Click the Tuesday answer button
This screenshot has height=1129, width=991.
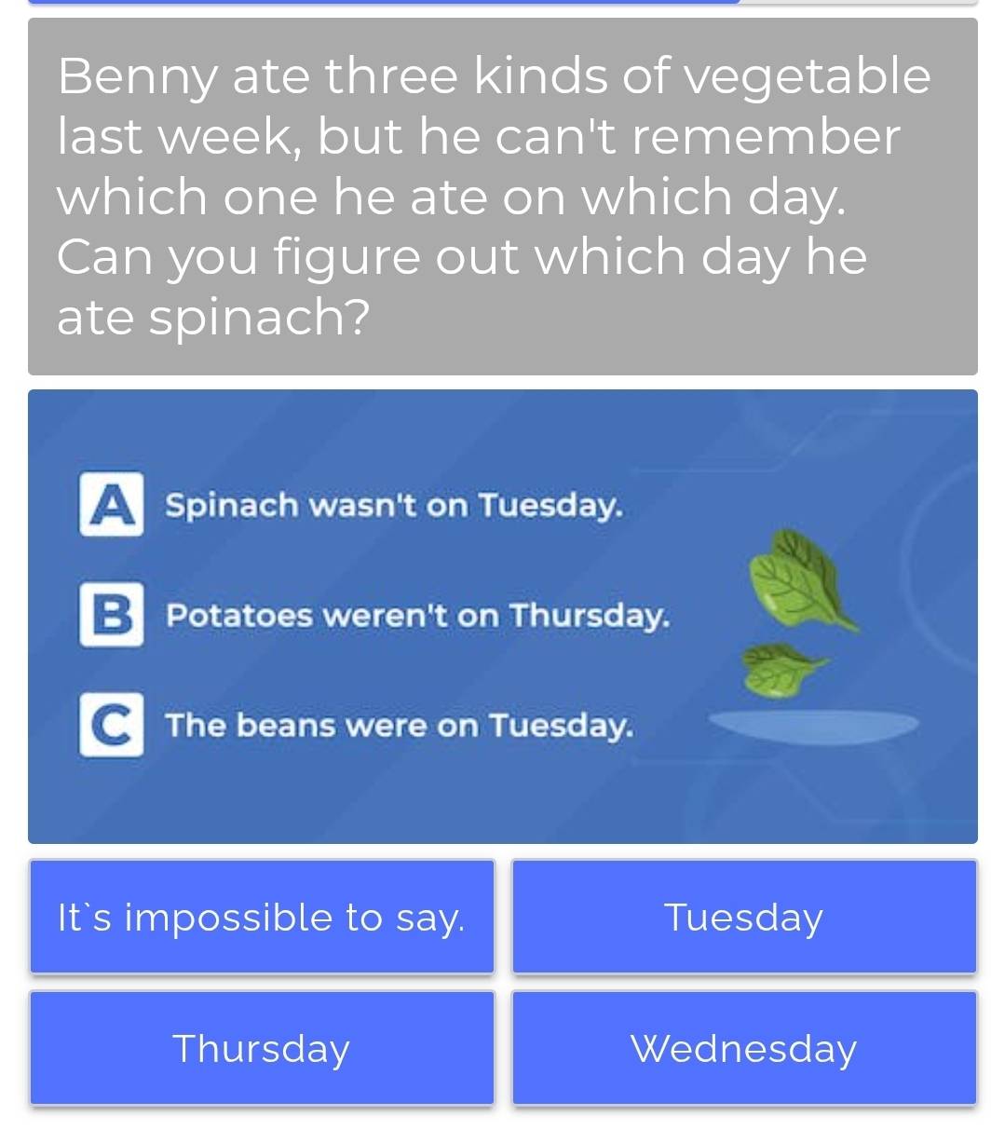(743, 918)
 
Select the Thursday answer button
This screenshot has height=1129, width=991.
(262, 1049)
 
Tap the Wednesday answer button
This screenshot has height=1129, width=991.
(743, 1049)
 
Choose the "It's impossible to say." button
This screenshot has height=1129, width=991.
(262, 918)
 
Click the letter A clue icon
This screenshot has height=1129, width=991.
(112, 505)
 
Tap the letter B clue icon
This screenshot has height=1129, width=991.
(112, 615)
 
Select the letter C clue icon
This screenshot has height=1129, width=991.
(112, 725)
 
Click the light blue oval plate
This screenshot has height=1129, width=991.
(813, 724)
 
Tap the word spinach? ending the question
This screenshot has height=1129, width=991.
(213, 318)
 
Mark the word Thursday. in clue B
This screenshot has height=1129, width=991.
(590, 616)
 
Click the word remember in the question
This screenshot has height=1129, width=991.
(766, 137)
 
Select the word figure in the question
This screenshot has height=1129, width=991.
(349, 258)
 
